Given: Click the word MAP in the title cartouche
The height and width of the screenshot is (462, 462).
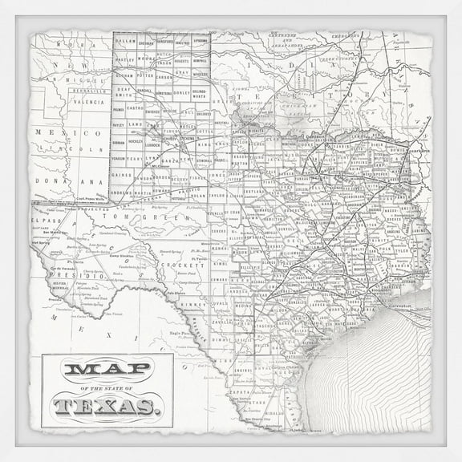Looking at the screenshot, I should (107, 371).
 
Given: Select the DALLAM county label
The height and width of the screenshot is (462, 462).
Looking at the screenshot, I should (124, 38).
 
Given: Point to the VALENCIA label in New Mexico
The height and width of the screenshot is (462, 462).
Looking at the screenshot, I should (89, 103).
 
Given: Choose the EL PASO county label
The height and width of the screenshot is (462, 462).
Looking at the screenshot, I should (47, 219).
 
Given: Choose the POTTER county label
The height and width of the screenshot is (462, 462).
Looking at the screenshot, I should (145, 75).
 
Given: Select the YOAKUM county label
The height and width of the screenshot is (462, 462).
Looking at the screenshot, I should (120, 158).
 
